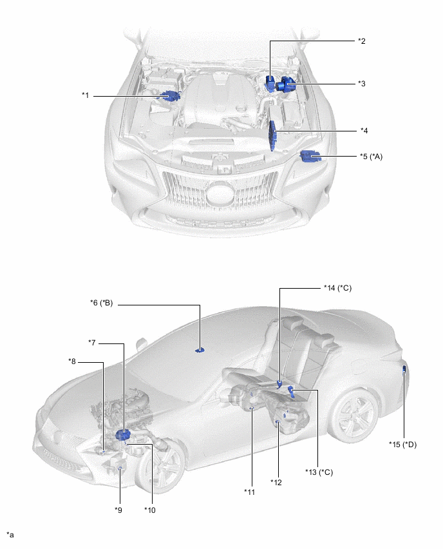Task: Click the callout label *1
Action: point(85,95)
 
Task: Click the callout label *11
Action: point(249,492)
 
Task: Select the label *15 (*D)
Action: point(402,444)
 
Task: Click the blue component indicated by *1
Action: point(171,96)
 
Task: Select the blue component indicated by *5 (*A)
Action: point(310,155)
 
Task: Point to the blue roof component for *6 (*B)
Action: point(200,350)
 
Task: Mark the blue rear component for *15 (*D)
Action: point(404,369)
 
